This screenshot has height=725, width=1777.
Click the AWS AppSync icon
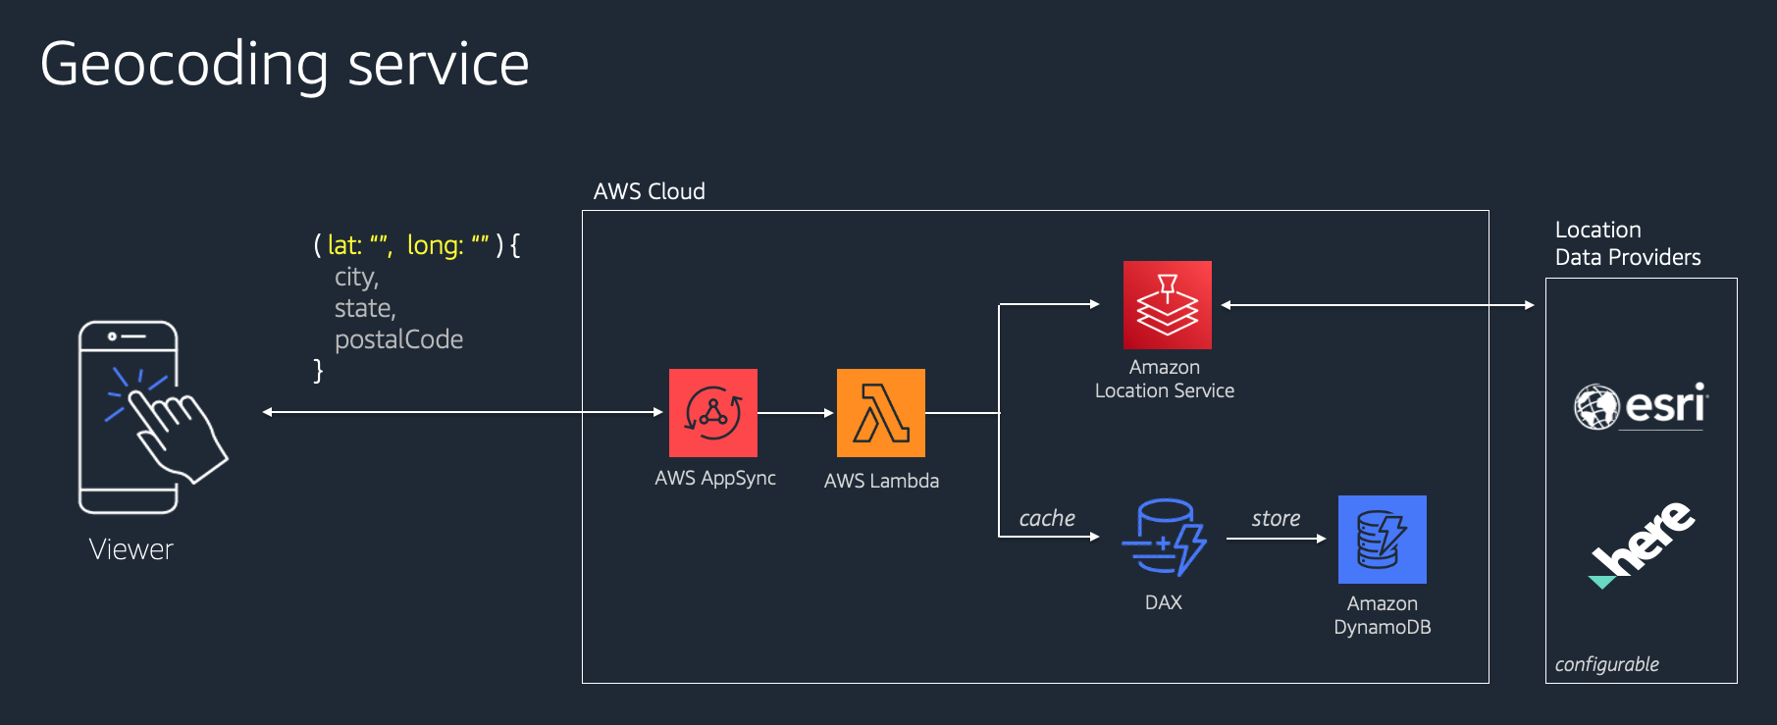pos(712,413)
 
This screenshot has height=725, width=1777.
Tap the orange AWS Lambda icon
pos(880,413)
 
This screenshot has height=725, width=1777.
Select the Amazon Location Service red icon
pos(1167,305)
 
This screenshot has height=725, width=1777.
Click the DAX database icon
pos(1164,538)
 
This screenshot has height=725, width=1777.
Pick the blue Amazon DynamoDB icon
pos(1382,540)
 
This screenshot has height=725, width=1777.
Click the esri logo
pos(1642,406)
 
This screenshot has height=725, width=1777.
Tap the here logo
pos(1642,544)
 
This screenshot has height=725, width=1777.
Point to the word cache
pos(1047,518)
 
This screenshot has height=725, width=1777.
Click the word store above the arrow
pos(1276,518)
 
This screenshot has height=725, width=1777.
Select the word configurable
pos(1606,664)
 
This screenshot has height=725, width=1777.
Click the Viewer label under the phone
pos(131,549)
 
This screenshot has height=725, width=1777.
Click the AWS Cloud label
pos(649,191)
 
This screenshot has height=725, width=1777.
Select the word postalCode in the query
pos(398,339)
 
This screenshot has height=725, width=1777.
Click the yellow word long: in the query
pos(435,245)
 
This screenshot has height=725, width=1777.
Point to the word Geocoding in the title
pos(183,66)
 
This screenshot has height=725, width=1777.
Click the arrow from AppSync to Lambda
pos(796,413)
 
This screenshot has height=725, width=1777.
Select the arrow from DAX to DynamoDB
pos(1276,539)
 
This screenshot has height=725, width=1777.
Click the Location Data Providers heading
pos(1627,243)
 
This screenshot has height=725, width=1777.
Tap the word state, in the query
pos(365,308)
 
